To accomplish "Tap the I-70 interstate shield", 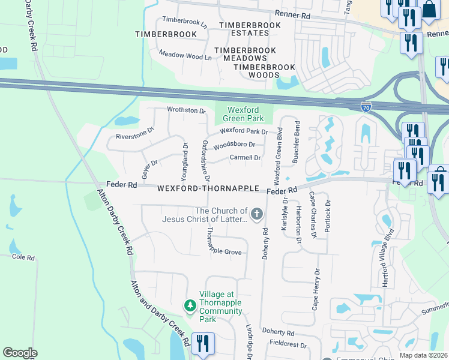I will coord(366,107).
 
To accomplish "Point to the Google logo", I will coord(20,353).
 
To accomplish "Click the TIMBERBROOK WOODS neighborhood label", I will coord(256,71).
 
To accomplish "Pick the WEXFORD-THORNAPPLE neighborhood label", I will coord(208,188).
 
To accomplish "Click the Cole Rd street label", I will coord(23,257).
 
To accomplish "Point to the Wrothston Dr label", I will coord(186,110).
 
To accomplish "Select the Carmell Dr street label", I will coord(245,158).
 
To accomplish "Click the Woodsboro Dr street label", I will coord(234,145).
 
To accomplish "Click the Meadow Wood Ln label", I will coord(185,56).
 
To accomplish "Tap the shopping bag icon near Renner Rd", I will coord(429,10).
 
